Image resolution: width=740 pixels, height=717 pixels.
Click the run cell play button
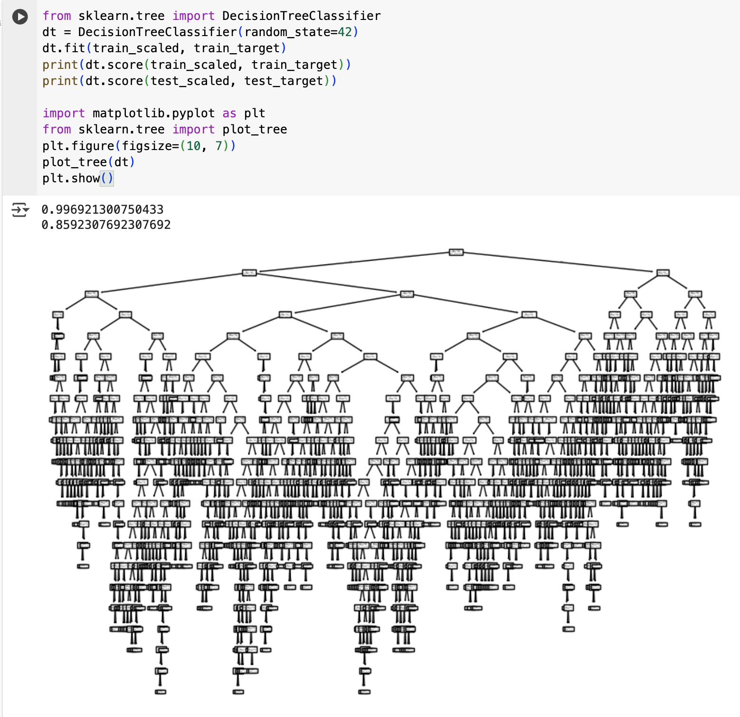click(20, 17)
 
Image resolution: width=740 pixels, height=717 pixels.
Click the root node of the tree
click(456, 252)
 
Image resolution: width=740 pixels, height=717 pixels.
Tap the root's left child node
click(249, 273)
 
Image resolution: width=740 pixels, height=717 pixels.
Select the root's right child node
click(663, 273)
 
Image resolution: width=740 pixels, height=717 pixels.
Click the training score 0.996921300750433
click(102, 209)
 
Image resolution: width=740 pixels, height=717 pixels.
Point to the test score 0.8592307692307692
click(106, 225)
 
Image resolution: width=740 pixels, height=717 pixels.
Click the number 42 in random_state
click(345, 32)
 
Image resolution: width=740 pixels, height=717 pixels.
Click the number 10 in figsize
click(193, 146)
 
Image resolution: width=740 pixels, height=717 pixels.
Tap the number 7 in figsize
click(219, 146)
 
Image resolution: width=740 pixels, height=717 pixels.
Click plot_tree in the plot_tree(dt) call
click(75, 162)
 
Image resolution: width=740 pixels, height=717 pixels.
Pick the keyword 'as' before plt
click(229, 113)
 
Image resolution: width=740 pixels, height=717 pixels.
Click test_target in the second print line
click(284, 81)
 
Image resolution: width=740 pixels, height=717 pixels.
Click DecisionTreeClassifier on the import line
click(301, 16)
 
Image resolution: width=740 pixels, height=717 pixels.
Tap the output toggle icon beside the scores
click(20, 209)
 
